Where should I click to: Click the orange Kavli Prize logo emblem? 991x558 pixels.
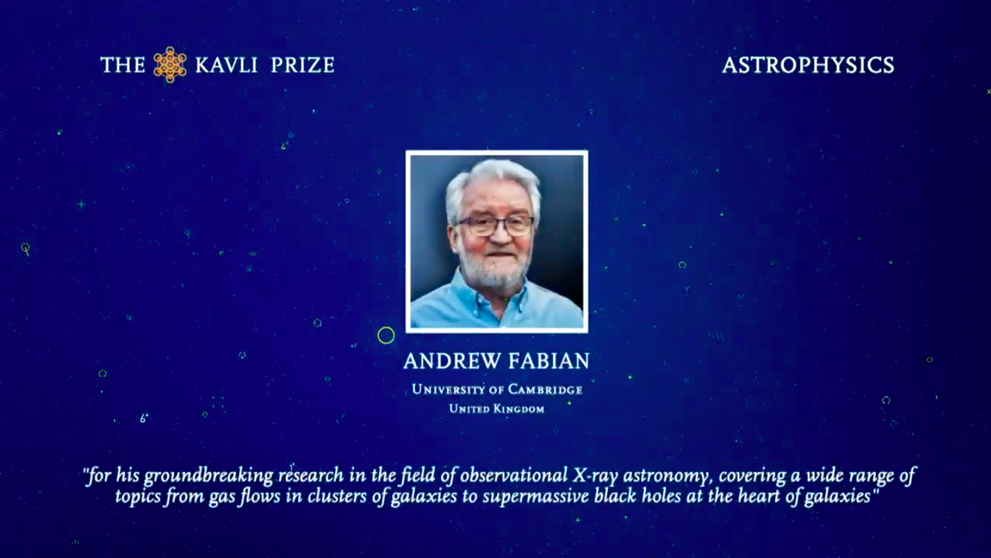(170, 65)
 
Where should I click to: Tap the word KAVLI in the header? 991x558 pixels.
(226, 65)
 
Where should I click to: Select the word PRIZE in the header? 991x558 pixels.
(302, 65)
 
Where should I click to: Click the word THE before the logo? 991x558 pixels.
(123, 65)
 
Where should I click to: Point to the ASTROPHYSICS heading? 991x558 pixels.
(808, 65)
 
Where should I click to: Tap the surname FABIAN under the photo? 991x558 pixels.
(549, 361)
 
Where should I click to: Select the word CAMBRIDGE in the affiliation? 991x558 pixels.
(545, 390)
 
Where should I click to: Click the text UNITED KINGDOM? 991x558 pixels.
(497, 409)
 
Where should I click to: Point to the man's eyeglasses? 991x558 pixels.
(495, 226)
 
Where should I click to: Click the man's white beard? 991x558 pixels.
(490, 271)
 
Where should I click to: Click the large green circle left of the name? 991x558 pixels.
(386, 336)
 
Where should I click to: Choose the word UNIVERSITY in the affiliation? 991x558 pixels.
(448, 390)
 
